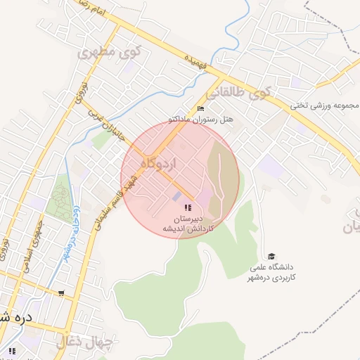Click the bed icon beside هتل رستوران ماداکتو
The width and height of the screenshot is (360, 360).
[x=201, y=108]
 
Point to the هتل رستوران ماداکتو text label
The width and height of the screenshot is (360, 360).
[x=205, y=120]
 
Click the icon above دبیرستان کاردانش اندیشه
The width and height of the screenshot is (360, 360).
[x=188, y=207]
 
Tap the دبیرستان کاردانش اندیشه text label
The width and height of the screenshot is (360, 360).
[x=188, y=224]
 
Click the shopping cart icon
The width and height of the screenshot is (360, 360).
[x=61, y=293]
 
